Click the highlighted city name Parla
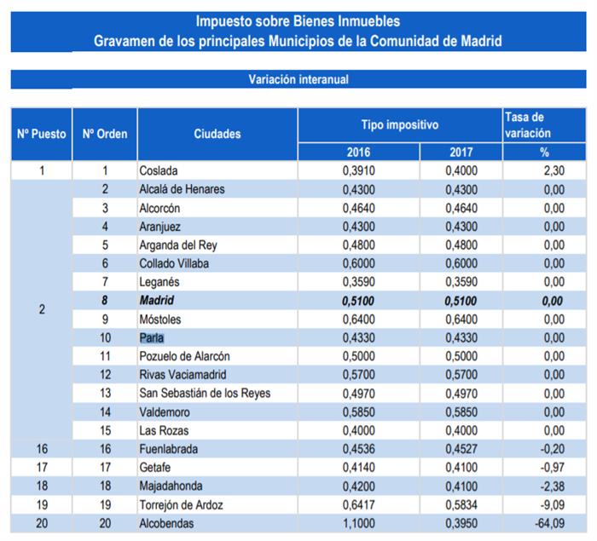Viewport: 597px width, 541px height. coord(152,337)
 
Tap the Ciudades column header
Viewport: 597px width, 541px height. coord(217,134)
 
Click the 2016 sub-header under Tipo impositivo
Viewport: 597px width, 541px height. coord(358,152)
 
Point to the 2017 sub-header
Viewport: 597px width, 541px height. coord(461,152)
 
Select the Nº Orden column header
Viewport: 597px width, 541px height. coord(105,134)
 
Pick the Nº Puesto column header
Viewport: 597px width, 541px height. coord(42,134)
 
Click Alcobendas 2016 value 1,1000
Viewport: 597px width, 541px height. coord(358,523)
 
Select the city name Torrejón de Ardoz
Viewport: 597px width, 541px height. coord(182,504)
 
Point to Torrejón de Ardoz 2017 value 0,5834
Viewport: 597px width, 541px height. coord(461,504)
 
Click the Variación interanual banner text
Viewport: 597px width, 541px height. coord(298,79)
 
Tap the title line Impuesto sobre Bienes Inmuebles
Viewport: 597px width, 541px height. coord(298,20)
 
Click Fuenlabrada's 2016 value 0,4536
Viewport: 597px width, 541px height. coord(358,449)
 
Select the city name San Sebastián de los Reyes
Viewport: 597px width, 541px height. coord(205,394)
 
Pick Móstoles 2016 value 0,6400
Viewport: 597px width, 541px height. coord(358,319)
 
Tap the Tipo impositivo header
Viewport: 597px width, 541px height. coord(399,125)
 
